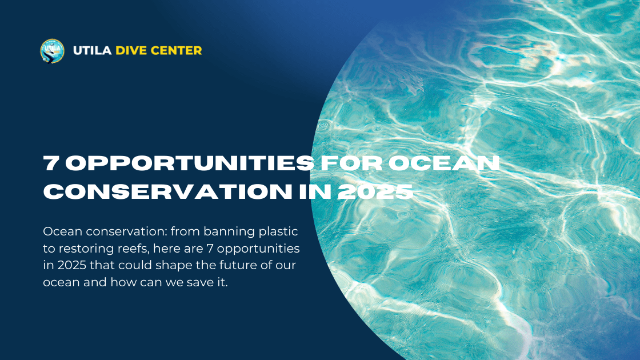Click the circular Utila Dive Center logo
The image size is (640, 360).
(52, 50)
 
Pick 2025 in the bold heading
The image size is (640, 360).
(375, 191)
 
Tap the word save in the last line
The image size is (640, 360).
(198, 283)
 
